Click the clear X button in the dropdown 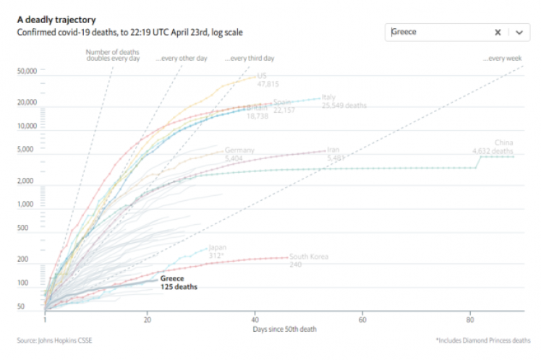498,32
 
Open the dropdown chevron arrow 519,32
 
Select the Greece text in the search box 404,32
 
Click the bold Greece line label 172,278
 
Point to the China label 503,143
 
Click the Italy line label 328,97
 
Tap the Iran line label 333,150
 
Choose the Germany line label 239,150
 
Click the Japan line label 216,247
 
